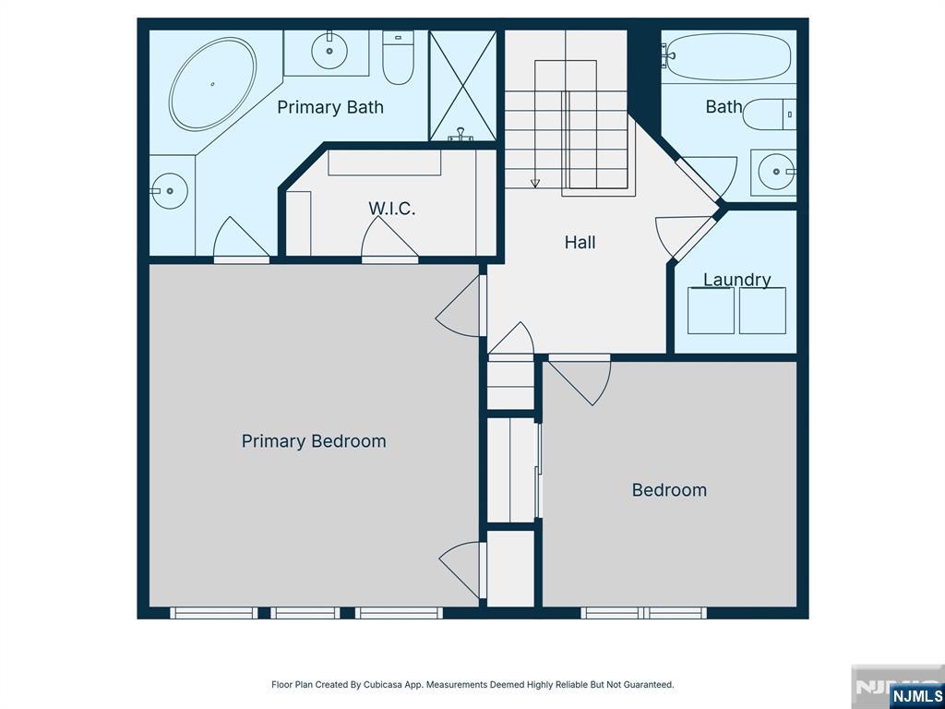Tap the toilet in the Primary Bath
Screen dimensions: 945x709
[x=399, y=57]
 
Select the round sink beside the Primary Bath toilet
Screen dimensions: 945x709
[x=329, y=51]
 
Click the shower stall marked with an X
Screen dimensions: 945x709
[x=462, y=86]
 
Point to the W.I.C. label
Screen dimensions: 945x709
[x=391, y=209]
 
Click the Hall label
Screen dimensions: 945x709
[x=580, y=243]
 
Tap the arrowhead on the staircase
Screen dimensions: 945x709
[x=535, y=184]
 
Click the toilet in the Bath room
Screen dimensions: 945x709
[x=769, y=114]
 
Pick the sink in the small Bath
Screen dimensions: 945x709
[x=775, y=172]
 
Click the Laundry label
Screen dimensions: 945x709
[x=737, y=280]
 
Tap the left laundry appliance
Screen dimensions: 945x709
[x=712, y=310]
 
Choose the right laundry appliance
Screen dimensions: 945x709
[x=762, y=310]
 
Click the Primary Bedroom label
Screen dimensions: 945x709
[x=314, y=441]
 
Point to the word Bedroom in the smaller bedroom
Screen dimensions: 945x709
[x=669, y=489]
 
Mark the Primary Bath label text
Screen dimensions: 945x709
[x=330, y=107]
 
